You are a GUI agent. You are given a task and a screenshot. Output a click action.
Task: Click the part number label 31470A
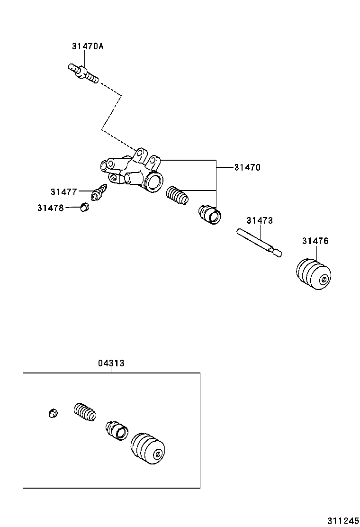[88, 46]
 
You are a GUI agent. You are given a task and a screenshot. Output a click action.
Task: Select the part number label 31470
[247, 167]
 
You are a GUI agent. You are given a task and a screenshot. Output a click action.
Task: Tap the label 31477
[63, 191]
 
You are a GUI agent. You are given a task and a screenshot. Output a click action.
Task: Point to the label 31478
[50, 208]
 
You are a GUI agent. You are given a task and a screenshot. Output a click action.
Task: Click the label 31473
[260, 220]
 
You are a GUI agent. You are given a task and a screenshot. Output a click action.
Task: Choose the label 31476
[315, 241]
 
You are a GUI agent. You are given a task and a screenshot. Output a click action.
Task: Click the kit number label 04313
[111, 363]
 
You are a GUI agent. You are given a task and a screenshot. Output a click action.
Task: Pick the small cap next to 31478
[84, 207]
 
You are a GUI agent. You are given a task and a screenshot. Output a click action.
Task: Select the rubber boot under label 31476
[313, 274]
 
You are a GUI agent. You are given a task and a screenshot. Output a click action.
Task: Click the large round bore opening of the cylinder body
[154, 182]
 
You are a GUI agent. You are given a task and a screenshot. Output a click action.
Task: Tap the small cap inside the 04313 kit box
[53, 413]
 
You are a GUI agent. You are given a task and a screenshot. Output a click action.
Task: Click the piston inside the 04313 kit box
[117, 429]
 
